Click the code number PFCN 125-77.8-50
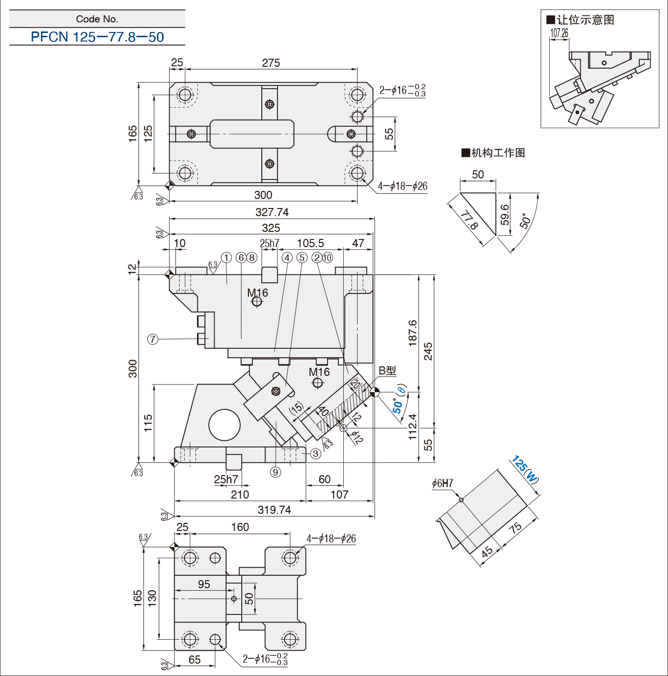97,37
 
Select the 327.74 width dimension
272,212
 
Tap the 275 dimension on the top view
271,63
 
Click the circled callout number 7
153,339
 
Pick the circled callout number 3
315,454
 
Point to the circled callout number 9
275,473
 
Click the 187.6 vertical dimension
412,333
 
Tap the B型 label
388,371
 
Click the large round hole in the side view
225,425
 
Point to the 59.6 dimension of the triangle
504,215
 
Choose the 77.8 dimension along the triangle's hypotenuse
469,220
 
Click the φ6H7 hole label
442,483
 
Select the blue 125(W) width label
525,470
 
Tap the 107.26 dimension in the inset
559,33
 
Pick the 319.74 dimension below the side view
274,510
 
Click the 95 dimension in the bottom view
204,584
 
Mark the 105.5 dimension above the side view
310,243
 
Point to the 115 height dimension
148,423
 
